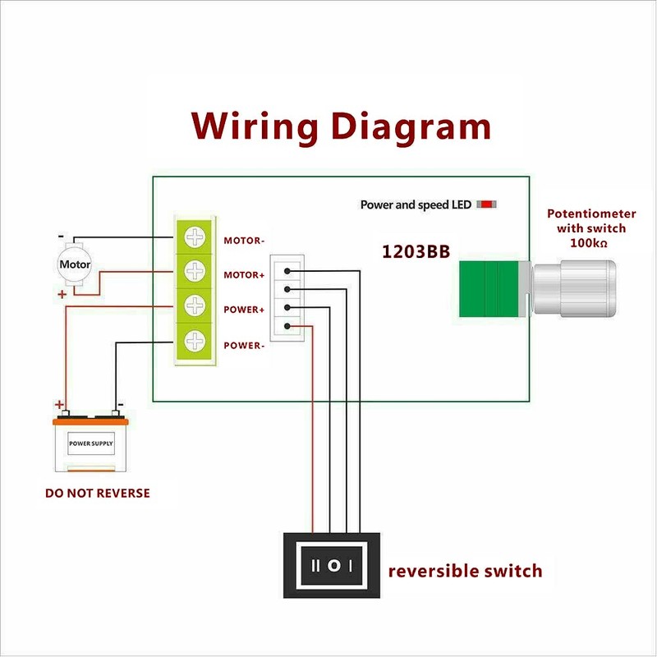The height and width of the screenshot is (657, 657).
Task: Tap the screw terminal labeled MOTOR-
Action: tap(195, 238)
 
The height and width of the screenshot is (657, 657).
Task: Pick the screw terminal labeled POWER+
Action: tap(195, 306)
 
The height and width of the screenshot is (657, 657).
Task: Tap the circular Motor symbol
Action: tap(76, 264)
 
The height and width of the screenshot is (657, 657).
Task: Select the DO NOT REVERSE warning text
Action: tap(97, 494)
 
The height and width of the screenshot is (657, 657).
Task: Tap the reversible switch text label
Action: tap(465, 570)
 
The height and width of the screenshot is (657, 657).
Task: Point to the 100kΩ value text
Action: tap(591, 243)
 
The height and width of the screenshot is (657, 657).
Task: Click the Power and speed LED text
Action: tap(416, 204)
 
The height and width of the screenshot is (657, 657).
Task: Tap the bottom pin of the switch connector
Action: tap(287, 327)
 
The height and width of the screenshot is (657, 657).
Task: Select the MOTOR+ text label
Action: tap(244, 275)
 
